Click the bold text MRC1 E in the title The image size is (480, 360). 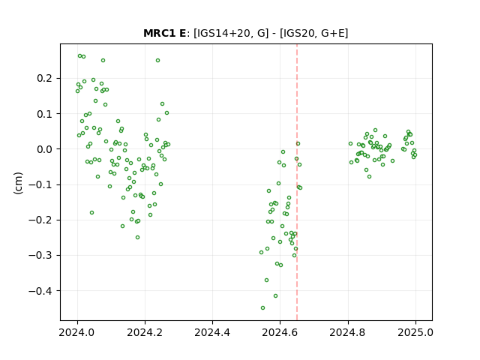click(x=164, y=33)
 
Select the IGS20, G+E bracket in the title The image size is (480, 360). click(x=313, y=33)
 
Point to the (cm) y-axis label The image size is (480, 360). click(x=18, y=183)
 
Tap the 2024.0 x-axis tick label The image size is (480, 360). click(x=77, y=332)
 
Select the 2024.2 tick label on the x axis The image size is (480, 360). click(x=145, y=332)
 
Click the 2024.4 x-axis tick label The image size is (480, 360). click(x=212, y=332)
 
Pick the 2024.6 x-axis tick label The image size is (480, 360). click(x=280, y=332)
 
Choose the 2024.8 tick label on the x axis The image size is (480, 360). click(x=348, y=332)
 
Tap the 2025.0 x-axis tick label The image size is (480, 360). click(x=415, y=332)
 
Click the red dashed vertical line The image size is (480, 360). click(x=297, y=182)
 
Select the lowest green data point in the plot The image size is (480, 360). click(x=262, y=308)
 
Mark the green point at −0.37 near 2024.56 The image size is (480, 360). click(x=267, y=280)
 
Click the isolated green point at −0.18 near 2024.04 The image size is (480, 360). click(x=91, y=213)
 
